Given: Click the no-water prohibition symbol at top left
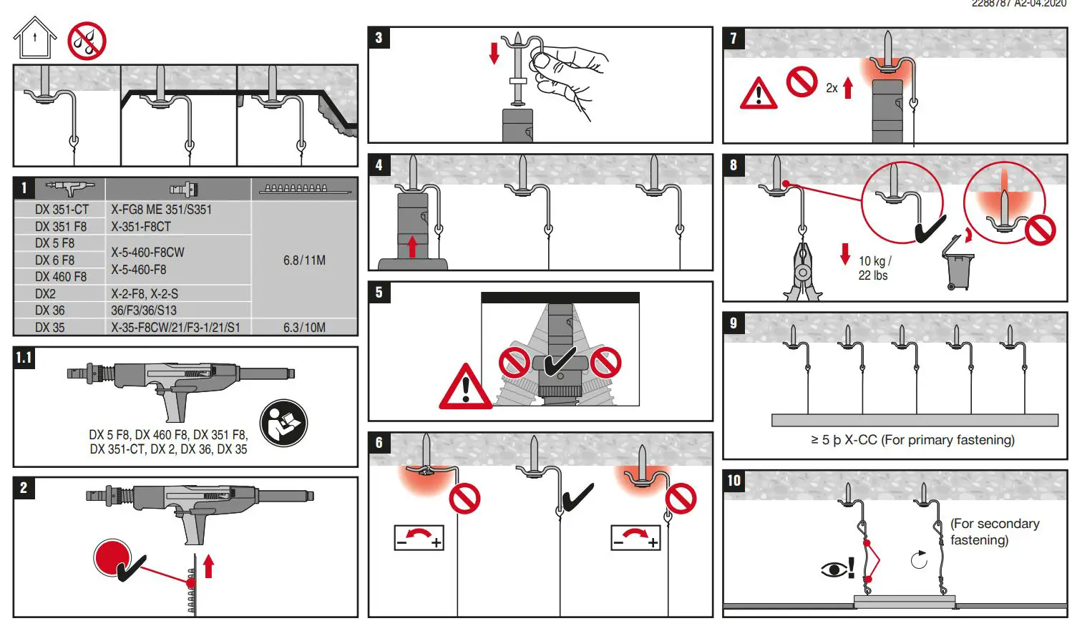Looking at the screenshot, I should [87, 41].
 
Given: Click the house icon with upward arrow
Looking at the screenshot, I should [35, 39].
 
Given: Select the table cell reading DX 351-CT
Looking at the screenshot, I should [62, 210].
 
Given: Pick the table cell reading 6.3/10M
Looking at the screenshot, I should [304, 328].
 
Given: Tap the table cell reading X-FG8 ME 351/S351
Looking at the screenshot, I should [161, 210].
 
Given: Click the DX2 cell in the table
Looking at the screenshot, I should [45, 294].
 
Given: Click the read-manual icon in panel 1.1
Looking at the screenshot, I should [283, 423].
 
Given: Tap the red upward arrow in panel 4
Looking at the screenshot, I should [412, 247].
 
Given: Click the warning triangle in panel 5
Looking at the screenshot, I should [465, 388].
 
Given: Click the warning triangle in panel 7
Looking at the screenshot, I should [759, 94].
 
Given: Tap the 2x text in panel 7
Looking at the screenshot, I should [832, 89].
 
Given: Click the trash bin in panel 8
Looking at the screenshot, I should [958, 264].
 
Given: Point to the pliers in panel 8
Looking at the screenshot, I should [803, 272].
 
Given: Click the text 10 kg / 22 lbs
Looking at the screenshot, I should [874, 268].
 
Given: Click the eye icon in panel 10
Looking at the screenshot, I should [833, 569].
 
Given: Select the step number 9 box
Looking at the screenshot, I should [734, 323].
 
